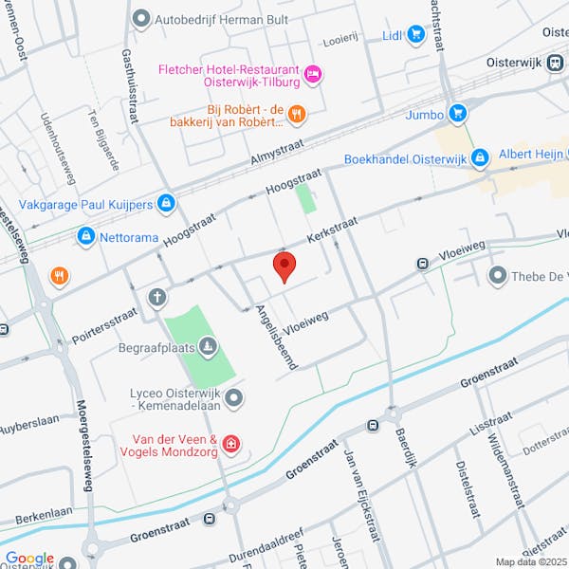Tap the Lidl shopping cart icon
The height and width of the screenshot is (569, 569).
coord(415,35)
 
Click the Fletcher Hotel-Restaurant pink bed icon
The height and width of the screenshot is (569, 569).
coord(314,73)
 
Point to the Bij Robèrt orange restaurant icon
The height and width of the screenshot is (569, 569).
coord(297,115)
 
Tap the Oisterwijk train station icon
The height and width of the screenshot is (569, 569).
coord(556,62)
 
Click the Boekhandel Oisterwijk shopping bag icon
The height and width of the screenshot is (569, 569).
coord(481,156)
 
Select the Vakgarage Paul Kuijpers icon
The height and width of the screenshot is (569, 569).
coord(167,202)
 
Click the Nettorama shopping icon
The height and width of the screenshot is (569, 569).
coord(86,234)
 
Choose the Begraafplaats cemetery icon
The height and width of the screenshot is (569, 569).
coord(209,346)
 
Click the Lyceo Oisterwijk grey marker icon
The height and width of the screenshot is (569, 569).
coord(233,395)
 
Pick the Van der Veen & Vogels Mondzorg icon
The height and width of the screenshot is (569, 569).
coord(230,443)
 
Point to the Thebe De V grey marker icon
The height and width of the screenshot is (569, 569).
coord(497,276)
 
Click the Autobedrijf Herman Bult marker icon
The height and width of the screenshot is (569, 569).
coord(142,17)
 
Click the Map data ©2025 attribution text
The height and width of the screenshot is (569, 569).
coord(529,561)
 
